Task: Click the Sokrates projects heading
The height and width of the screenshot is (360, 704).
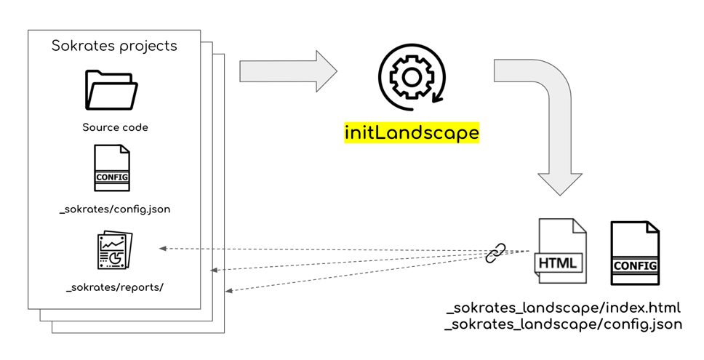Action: click(x=114, y=46)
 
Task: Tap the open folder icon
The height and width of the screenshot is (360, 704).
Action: click(x=111, y=89)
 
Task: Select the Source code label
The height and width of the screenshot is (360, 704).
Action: click(x=115, y=127)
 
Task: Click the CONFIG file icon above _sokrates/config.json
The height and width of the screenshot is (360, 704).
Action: click(x=112, y=169)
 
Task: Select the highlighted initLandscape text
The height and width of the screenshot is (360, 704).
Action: click(x=412, y=133)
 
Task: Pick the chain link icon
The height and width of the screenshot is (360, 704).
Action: click(x=495, y=253)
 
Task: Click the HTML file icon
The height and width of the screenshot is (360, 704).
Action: click(x=561, y=251)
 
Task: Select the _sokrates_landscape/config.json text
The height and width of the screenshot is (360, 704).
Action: click(x=564, y=324)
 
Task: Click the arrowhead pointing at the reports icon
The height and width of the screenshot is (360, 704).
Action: click(x=164, y=249)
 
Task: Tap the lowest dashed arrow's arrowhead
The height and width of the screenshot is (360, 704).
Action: click(x=229, y=291)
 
